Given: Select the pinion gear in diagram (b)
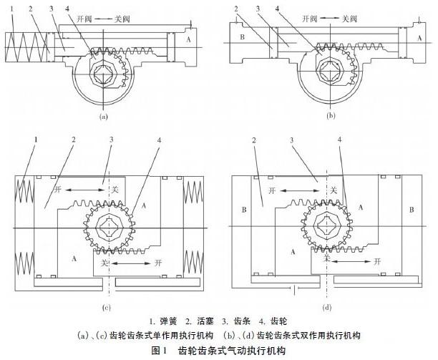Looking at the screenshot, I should (334, 70).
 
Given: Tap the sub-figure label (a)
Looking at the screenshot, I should (104, 115).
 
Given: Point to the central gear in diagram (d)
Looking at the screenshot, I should (326, 228).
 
